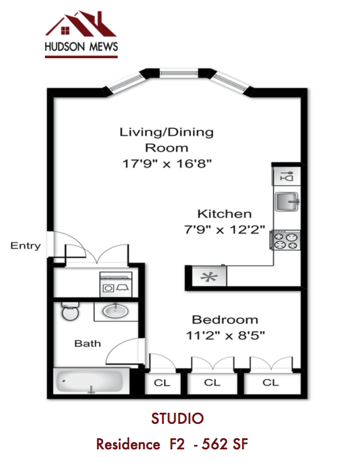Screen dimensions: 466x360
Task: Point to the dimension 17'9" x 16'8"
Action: click(x=168, y=164)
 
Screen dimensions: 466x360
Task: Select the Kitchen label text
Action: click(x=225, y=214)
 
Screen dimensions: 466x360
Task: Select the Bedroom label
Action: click(x=225, y=320)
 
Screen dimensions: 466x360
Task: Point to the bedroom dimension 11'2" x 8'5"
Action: click(x=225, y=335)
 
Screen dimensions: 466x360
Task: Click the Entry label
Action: click(x=26, y=246)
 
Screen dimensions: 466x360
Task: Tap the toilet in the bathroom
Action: click(x=70, y=312)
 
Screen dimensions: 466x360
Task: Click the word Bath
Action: click(x=88, y=343)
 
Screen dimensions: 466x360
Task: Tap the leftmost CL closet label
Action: click(x=162, y=383)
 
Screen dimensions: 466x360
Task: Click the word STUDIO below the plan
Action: click(x=178, y=418)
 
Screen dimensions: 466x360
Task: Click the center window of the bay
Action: click(x=178, y=72)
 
